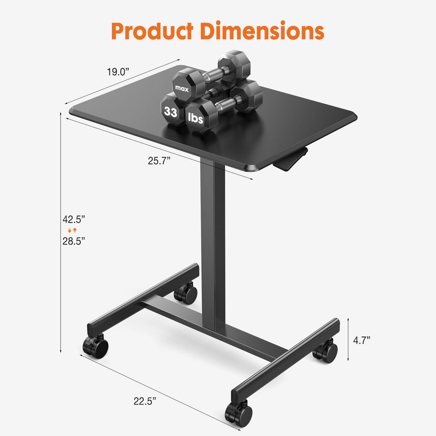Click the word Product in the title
pyautogui.click(x=152, y=32)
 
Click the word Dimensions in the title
pyautogui.click(x=262, y=32)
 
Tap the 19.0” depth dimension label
pyautogui.click(x=118, y=72)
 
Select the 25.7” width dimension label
pyautogui.click(x=159, y=161)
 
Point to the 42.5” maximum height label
pyautogui.click(x=74, y=219)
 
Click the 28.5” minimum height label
pyautogui.click(x=74, y=241)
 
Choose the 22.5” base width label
pyautogui.click(x=145, y=401)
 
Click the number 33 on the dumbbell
pyautogui.click(x=171, y=112)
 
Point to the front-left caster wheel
pyautogui.click(x=96, y=347)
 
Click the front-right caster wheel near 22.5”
pyautogui.click(x=239, y=413)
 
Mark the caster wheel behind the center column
pyautogui.click(x=186, y=293)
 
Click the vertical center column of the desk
pyautogui.click(x=213, y=246)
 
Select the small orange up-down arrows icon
pyautogui.click(x=72, y=230)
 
